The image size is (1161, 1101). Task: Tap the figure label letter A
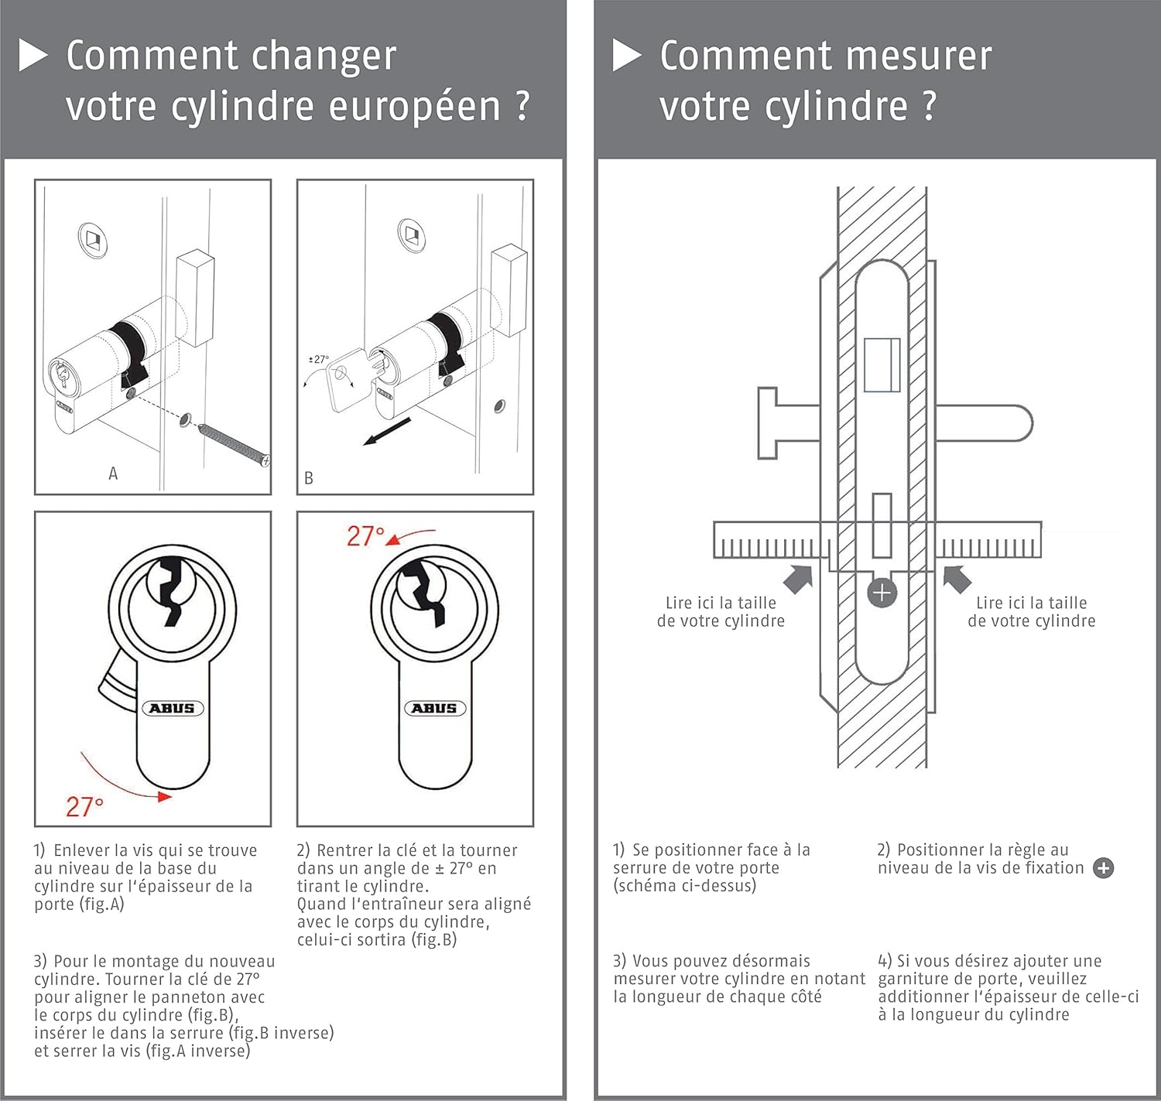pos(113,474)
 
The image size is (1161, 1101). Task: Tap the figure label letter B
pos(308,478)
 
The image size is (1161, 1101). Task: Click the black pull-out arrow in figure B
pos(387,431)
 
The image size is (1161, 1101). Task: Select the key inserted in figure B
pos(352,378)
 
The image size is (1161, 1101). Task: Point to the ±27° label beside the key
pos(319,359)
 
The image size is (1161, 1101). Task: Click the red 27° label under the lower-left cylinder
pos(84,807)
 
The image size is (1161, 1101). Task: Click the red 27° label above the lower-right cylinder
pos(365,536)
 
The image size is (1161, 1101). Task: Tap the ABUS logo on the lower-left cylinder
pos(173,709)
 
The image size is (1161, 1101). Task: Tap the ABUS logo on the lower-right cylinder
pos(435,709)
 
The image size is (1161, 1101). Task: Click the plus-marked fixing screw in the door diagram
pos(882,593)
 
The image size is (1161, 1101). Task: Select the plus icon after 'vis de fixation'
pos(1103,868)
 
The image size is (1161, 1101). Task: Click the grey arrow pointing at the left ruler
pos(799,580)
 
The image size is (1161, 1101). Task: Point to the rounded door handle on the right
pos(984,423)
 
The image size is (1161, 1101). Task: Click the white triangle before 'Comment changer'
pos(33,55)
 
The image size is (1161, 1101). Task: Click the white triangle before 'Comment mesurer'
pos(627,55)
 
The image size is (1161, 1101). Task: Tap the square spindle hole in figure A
pos(94,240)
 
